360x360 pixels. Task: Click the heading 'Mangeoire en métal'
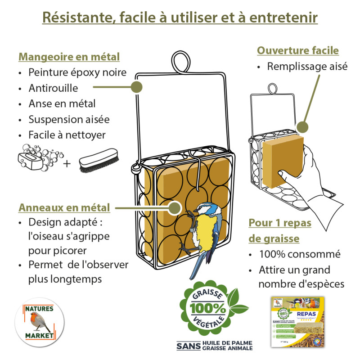click(x=69, y=57)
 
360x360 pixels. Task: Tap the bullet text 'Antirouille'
click(x=53, y=88)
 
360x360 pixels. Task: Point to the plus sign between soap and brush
click(x=67, y=163)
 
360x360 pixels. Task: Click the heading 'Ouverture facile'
click(x=297, y=50)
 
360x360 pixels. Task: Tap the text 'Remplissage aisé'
click(x=307, y=67)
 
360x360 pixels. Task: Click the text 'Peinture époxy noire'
click(x=77, y=72)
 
